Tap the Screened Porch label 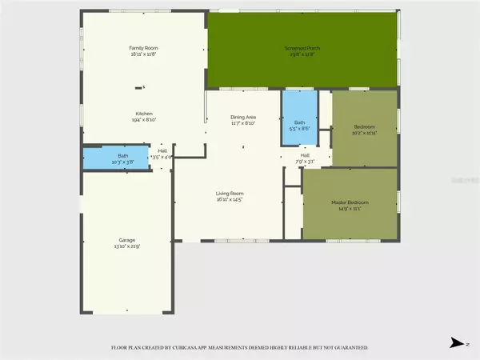pyautogui.click(x=302, y=49)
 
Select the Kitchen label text pyautogui.click(x=144, y=114)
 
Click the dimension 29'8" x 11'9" pyautogui.click(x=302, y=55)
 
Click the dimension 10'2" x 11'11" pyautogui.click(x=365, y=133)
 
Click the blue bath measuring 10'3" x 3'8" pyautogui.click(x=116, y=158)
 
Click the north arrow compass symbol pyautogui.click(x=457, y=343)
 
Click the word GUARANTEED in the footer pyautogui.click(x=349, y=348)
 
